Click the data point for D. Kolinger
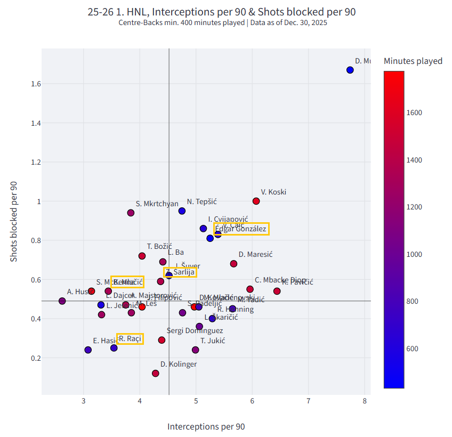(x=155, y=373)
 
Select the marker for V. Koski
(x=256, y=201)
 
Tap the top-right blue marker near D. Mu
(x=350, y=70)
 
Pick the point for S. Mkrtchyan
(x=131, y=213)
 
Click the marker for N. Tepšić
(x=182, y=211)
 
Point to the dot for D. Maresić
(x=233, y=264)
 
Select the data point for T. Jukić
(x=195, y=350)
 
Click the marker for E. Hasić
(x=88, y=350)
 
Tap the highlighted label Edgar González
(x=241, y=229)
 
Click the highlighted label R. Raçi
(x=130, y=338)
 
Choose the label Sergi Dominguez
(x=195, y=331)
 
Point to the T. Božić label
(x=159, y=246)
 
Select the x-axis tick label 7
(x=308, y=401)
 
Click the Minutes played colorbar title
(x=413, y=61)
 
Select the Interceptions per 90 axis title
(x=206, y=426)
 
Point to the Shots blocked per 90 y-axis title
(x=14, y=221)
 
